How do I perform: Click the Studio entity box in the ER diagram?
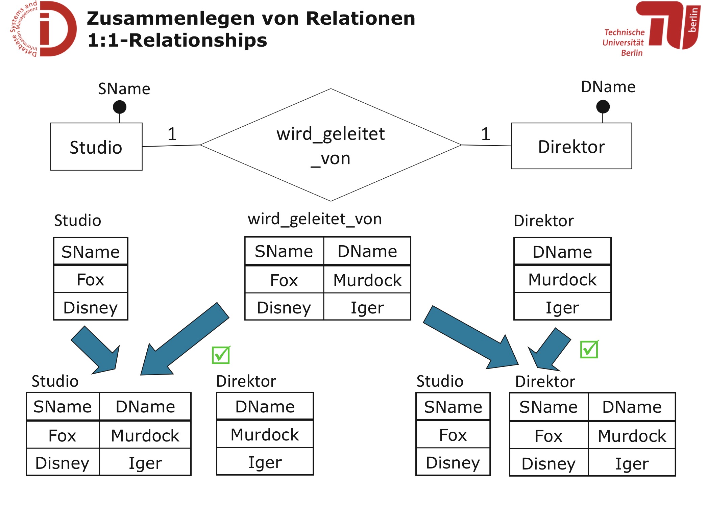(x=96, y=147)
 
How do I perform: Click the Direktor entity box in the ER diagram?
(x=571, y=146)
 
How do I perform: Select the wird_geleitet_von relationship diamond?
(x=331, y=145)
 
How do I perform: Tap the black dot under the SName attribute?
(x=120, y=107)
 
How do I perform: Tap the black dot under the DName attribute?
(x=603, y=107)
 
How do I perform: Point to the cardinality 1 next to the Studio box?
(x=172, y=134)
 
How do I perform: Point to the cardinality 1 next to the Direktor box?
(x=486, y=134)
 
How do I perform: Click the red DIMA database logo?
(x=44, y=29)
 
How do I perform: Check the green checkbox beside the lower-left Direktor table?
(x=221, y=355)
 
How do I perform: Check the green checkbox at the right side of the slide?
(x=589, y=349)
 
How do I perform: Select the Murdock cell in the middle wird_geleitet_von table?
(x=367, y=280)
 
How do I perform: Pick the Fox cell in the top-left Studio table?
(x=91, y=279)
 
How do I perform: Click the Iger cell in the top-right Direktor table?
(x=562, y=307)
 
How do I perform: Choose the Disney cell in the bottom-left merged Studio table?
(x=63, y=463)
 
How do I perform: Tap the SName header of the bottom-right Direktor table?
(x=548, y=407)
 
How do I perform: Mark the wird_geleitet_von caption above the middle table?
(x=315, y=219)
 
